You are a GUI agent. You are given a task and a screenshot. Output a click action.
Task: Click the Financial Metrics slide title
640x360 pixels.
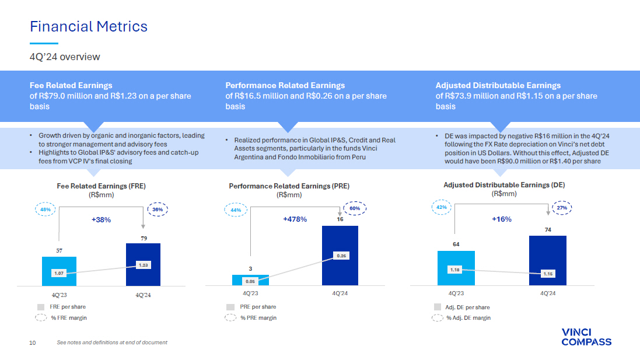pyautogui.click(x=89, y=26)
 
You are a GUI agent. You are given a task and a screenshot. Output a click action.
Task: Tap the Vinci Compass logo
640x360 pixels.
pyautogui.click(x=586, y=337)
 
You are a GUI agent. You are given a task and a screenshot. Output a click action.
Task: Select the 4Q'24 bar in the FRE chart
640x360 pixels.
pyautogui.click(x=144, y=264)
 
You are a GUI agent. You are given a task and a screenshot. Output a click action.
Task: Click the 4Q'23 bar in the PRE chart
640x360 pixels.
pyautogui.click(x=251, y=280)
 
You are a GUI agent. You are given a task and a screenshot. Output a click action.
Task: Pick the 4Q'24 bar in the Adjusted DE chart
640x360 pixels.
pyautogui.click(x=548, y=260)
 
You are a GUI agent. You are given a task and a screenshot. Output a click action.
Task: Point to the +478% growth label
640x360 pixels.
pyautogui.click(x=295, y=219)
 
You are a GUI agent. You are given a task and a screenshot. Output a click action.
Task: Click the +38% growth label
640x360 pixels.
pyautogui.click(x=102, y=219)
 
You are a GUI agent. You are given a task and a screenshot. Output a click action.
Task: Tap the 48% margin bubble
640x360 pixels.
pyautogui.click(x=46, y=209)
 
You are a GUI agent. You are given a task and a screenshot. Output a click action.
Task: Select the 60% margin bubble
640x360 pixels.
pyautogui.click(x=355, y=208)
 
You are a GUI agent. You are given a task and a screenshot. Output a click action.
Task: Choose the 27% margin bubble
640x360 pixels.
pyautogui.click(x=562, y=208)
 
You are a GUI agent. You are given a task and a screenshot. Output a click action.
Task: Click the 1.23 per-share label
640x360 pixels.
pyautogui.click(x=144, y=265)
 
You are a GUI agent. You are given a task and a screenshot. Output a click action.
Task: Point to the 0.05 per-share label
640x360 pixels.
pyautogui.click(x=250, y=281)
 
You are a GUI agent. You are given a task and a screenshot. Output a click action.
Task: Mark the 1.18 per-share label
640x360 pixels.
pyautogui.click(x=454, y=270)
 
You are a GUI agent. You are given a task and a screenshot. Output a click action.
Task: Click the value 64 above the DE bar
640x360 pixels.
pyautogui.click(x=456, y=244)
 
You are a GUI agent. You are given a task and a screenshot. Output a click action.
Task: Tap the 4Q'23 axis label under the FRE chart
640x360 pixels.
pyautogui.click(x=59, y=295)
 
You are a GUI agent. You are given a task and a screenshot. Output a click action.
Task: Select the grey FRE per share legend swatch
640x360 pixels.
pyautogui.click(x=41, y=307)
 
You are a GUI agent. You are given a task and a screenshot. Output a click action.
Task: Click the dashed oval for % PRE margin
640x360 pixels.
pyautogui.click(x=230, y=317)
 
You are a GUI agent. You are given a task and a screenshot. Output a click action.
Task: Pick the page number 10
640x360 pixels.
pyautogui.click(x=33, y=343)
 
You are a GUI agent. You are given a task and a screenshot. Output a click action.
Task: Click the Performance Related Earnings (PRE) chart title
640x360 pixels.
pyautogui.click(x=289, y=186)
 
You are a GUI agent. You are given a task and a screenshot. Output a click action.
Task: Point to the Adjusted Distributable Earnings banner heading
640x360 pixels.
pyautogui.click(x=498, y=85)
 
